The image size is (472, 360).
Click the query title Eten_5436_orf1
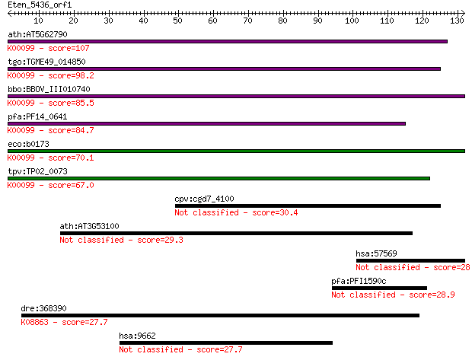[x=40, y=5]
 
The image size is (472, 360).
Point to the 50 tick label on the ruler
[x=177, y=21]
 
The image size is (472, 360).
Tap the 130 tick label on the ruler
[x=457, y=21]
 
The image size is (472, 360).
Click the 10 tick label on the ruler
[x=38, y=21]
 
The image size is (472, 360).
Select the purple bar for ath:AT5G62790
[x=228, y=42]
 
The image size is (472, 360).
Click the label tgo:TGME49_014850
[x=46, y=62]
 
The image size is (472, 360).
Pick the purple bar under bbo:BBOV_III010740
[x=236, y=97]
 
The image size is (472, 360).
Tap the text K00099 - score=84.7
[x=50, y=130]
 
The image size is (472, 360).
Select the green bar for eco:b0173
[x=236, y=151]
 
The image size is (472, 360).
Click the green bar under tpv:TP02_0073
[x=218, y=179]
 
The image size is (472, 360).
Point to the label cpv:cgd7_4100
[x=204, y=199]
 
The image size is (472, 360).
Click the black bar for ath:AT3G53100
[x=236, y=234]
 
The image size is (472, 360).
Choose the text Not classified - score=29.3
[x=121, y=240]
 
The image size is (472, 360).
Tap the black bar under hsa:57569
[x=410, y=260]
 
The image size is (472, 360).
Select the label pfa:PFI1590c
[x=359, y=281]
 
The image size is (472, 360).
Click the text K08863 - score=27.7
[x=64, y=322]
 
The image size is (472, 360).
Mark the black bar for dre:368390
[x=220, y=315]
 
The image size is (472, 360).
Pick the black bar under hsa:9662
[x=226, y=342]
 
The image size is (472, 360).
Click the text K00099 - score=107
[x=49, y=48]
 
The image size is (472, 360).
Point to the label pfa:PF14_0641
[x=37, y=116]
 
